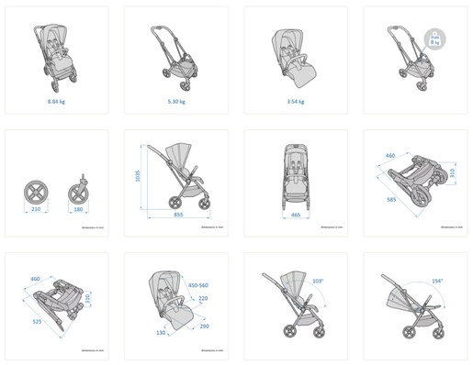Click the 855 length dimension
coord(180,216)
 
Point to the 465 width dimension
coord(295,214)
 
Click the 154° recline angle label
coord(437,281)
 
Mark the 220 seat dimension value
coord(204,298)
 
